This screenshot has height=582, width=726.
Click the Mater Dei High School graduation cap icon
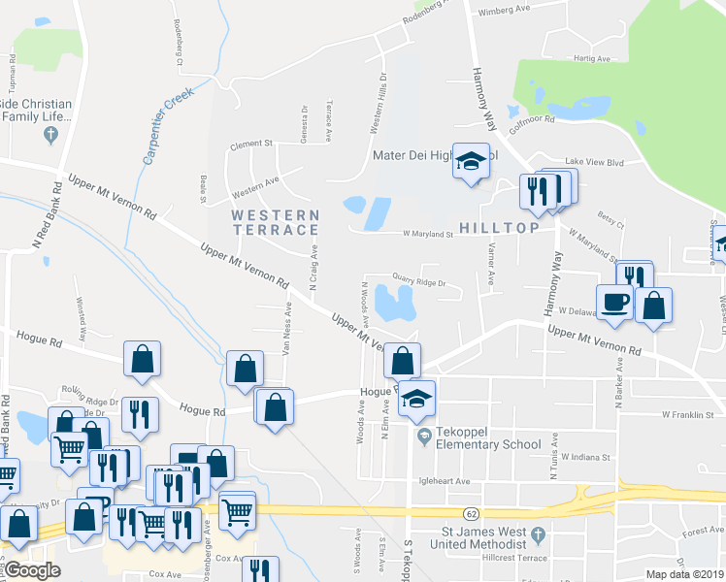point(471,163)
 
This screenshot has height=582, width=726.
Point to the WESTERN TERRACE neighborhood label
point(275,221)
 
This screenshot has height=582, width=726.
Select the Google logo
point(32,570)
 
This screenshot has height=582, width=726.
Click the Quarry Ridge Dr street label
point(418,284)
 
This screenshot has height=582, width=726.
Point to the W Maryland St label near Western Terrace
point(416,234)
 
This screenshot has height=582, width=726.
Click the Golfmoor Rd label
point(532,120)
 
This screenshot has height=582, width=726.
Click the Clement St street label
point(250,144)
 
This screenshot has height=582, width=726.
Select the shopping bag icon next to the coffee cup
point(655,306)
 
